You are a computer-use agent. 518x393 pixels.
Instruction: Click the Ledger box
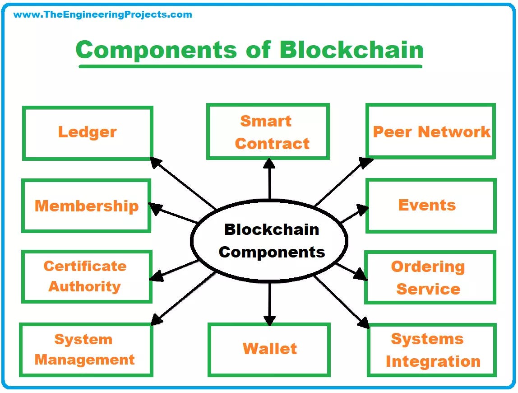click(x=88, y=133)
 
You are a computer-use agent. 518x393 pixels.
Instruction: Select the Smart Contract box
click(x=268, y=132)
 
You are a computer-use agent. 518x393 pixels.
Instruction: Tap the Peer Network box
click(x=431, y=131)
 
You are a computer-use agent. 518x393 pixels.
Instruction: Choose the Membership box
click(x=86, y=206)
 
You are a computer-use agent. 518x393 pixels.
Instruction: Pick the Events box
click(x=431, y=206)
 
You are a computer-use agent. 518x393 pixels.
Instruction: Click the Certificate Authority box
click(x=86, y=276)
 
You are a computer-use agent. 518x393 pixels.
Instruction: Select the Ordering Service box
click(x=430, y=277)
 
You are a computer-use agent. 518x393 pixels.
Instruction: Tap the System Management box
click(x=86, y=350)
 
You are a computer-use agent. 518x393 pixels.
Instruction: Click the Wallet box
click(x=269, y=349)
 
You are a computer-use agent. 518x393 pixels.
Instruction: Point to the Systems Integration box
click(x=432, y=350)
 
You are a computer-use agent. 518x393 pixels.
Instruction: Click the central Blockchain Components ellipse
click(x=269, y=240)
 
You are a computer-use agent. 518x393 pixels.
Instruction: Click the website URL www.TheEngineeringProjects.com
click(x=103, y=14)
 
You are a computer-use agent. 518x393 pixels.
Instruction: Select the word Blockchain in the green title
click(x=351, y=50)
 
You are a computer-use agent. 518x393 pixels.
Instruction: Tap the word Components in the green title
click(x=156, y=50)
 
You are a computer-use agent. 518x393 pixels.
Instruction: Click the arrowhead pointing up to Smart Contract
click(x=269, y=164)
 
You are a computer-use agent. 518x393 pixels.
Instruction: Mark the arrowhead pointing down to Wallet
click(x=269, y=320)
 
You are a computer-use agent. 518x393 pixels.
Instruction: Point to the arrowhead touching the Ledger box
click(x=156, y=162)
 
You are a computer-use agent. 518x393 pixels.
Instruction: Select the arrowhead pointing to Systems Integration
click(x=363, y=322)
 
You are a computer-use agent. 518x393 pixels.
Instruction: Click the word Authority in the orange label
click(x=85, y=286)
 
